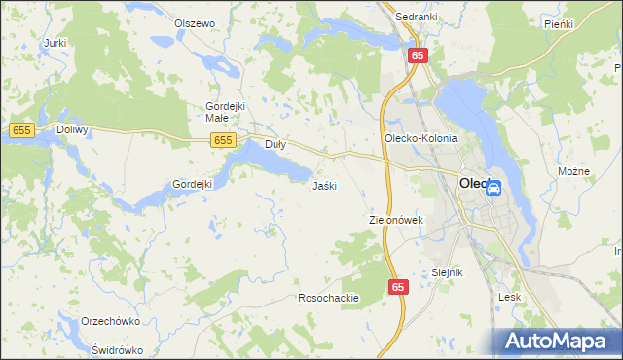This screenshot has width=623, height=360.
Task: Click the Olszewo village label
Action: pos(194,23)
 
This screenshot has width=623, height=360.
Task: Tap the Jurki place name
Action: pos(55,44)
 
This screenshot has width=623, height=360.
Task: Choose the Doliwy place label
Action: pos(72,129)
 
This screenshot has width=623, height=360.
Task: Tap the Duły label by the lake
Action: pos(275,144)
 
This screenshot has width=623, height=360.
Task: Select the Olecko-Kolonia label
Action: pos(421,138)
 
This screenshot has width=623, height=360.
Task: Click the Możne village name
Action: pos(574,171)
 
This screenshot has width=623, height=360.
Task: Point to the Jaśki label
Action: pos(324,185)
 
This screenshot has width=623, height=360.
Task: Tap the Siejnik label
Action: pos(447,272)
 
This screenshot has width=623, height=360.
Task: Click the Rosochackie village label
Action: pos(329,298)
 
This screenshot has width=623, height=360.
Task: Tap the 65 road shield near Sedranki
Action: pos(417,56)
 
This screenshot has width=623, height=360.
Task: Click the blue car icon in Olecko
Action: pos(495,188)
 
